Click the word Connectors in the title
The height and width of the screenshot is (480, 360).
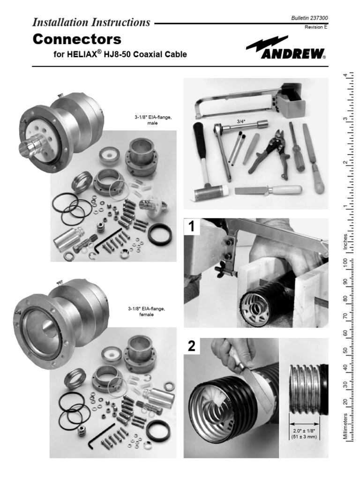point(77,39)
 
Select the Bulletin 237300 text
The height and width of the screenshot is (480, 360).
point(309,18)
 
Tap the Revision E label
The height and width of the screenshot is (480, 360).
point(316,27)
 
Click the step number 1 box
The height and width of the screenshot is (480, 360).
point(192,227)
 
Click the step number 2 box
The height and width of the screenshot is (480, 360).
point(192,347)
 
